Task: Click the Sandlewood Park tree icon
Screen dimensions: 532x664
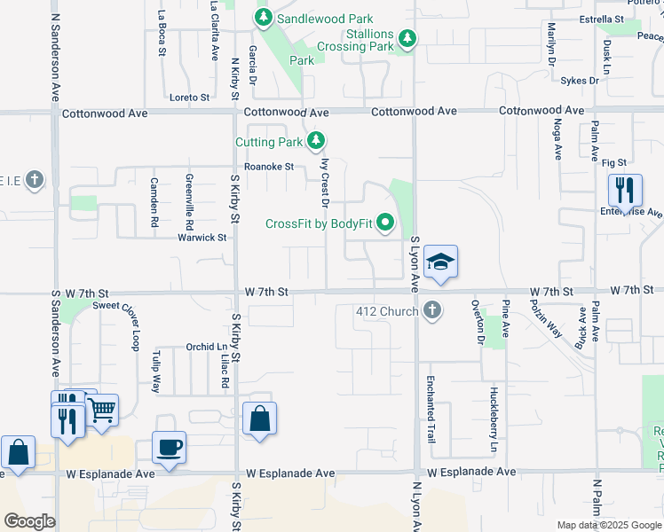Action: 263,18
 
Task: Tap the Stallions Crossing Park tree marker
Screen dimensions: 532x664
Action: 407,38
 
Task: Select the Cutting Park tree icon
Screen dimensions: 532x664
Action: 316,141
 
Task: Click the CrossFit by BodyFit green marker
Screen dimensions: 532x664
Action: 385,223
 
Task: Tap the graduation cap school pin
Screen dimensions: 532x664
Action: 440,262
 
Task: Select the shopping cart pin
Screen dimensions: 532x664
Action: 103,411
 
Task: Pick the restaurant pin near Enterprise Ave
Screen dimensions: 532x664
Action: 625,191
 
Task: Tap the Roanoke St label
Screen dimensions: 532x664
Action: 269,166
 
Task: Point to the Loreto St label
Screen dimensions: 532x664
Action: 190,98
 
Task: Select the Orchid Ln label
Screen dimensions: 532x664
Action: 205,347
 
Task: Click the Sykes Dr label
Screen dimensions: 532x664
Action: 580,81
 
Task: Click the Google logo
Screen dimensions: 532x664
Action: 29,520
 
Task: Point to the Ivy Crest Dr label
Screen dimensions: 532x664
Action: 325,184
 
